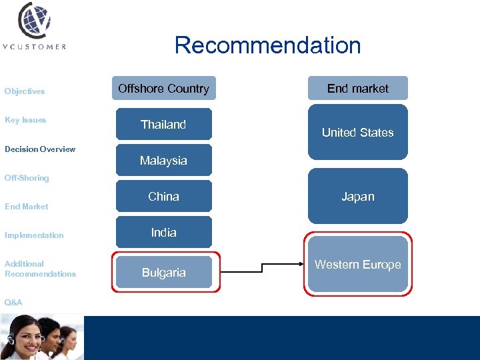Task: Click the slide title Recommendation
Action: click(267, 45)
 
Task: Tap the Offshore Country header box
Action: click(163, 89)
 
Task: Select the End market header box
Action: click(357, 89)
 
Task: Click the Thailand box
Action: click(163, 125)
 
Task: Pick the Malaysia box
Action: click(163, 161)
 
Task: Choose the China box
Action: click(163, 197)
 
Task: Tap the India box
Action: click(163, 233)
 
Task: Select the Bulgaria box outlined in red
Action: click(163, 272)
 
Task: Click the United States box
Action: click(357, 132)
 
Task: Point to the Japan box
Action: click(357, 197)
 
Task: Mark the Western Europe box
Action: click(357, 265)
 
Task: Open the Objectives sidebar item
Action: click(25, 91)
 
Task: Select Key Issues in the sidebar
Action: click(25, 120)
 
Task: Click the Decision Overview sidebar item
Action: click(40, 149)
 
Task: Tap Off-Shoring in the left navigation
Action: click(27, 178)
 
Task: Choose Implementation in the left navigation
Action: click(34, 235)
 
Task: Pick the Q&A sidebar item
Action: click(13, 303)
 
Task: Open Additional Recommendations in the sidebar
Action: click(40, 269)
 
